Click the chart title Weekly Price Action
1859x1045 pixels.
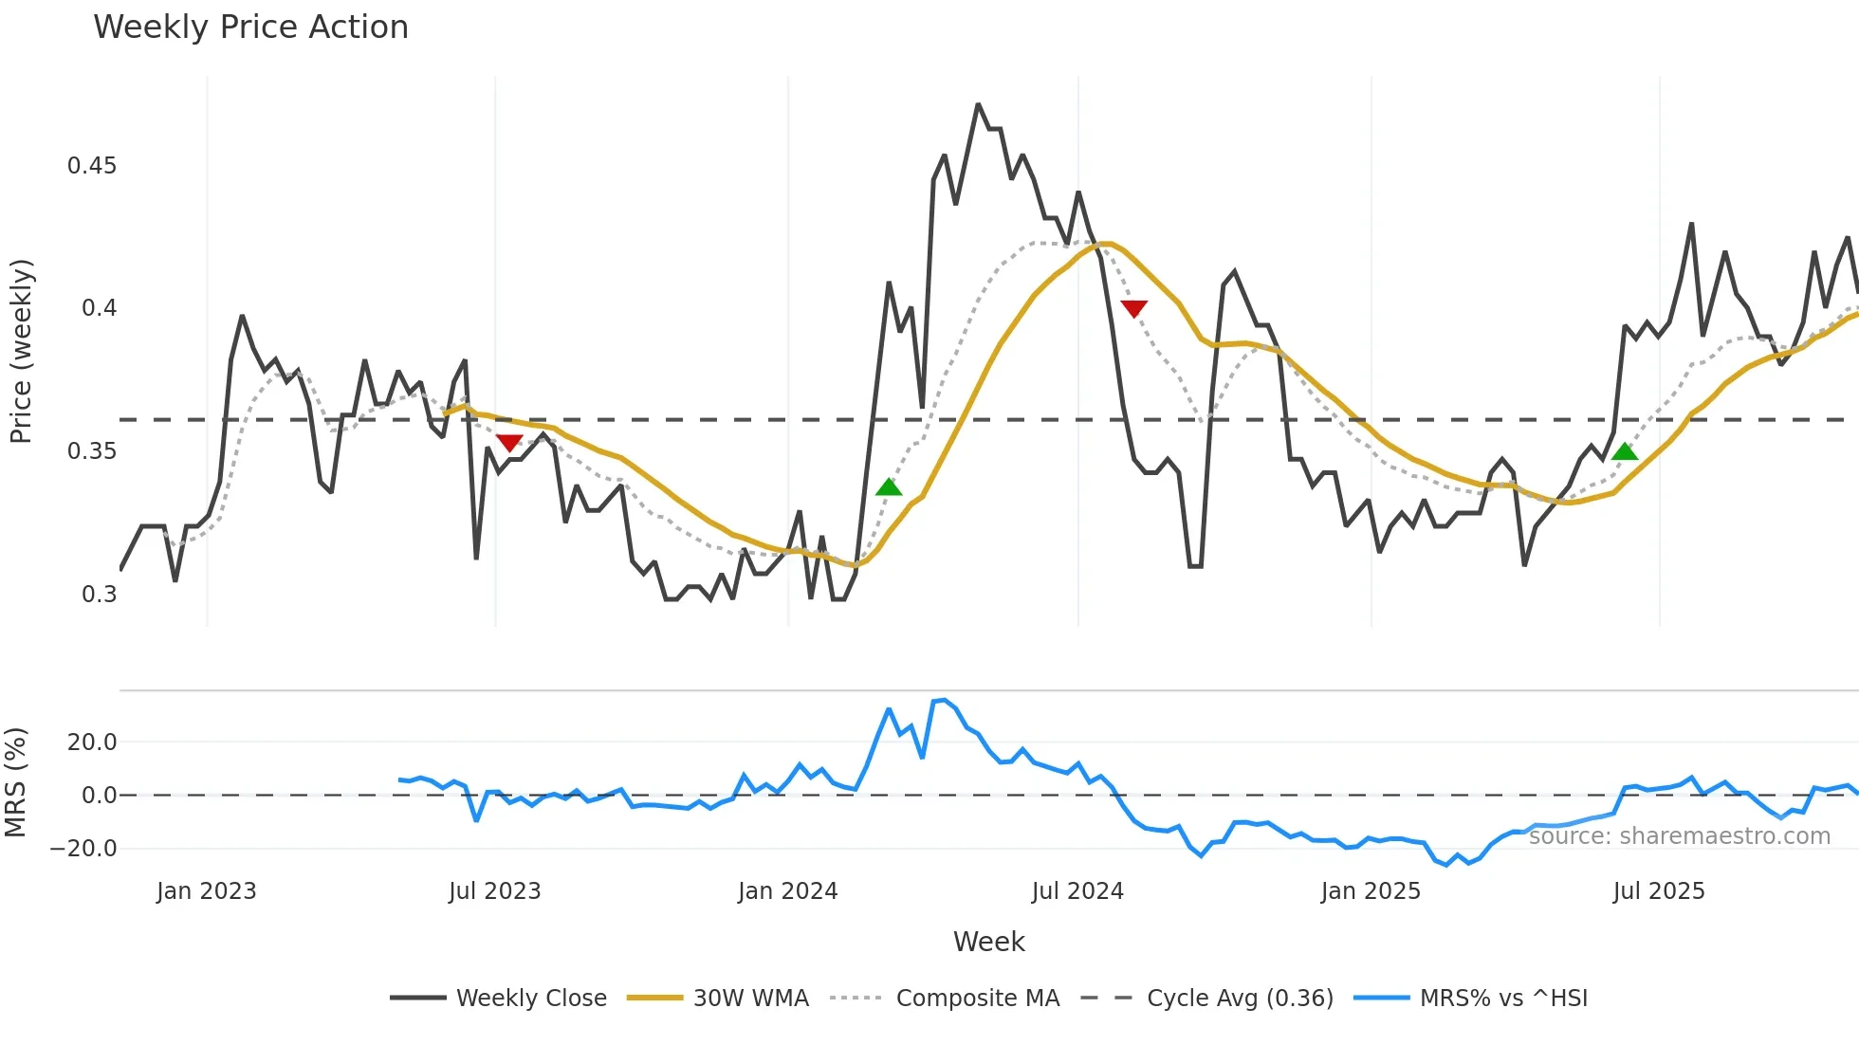[x=250, y=27]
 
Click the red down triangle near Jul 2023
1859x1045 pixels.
[x=509, y=443]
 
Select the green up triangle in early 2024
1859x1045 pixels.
[x=889, y=487]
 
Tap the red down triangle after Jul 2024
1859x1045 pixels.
[x=1134, y=308]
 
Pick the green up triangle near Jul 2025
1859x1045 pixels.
[x=1625, y=451]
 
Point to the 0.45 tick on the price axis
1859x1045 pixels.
[x=92, y=166]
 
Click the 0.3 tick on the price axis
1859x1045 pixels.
[x=99, y=595]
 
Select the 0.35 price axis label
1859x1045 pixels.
[x=92, y=451]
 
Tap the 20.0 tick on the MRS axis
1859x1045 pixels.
[x=92, y=742]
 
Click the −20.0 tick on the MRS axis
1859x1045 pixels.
[x=83, y=849]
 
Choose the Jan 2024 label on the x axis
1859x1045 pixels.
[x=787, y=891]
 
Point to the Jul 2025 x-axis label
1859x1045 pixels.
[x=1659, y=891]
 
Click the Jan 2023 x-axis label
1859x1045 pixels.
[x=206, y=891]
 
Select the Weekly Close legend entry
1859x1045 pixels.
[x=530, y=999]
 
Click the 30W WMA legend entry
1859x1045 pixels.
[x=750, y=999]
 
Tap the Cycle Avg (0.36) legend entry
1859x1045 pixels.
[x=1239, y=999]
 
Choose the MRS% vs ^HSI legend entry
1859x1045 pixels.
[x=1502, y=999]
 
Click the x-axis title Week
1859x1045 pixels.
[x=988, y=942]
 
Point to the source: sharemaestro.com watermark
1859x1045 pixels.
[x=1679, y=836]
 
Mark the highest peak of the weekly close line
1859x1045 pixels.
[x=978, y=104]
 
